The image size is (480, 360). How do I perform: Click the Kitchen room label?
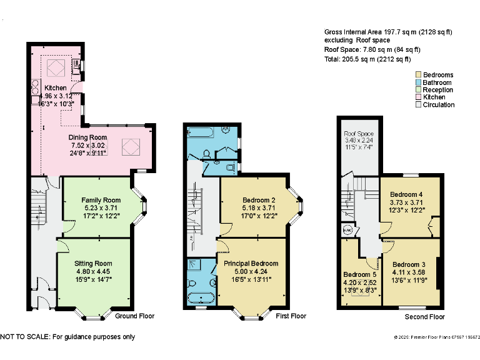[55, 88]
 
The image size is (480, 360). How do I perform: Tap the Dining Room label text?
[87, 137]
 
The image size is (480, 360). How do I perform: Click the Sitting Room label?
[93, 264]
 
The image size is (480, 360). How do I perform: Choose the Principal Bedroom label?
[251, 264]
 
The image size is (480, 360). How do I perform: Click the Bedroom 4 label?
[407, 194]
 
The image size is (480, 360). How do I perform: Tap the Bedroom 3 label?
[409, 264]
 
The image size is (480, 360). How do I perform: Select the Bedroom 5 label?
[359, 274]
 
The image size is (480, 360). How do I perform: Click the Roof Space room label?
[358, 134]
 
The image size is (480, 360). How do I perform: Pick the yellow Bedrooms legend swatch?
[419, 75]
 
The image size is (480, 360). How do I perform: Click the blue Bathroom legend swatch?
[419, 82]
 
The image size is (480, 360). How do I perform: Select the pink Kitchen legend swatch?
[419, 97]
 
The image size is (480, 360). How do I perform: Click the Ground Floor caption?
[134, 316]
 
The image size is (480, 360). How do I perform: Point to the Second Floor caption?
[424, 317]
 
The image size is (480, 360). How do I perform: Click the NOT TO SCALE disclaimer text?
[67, 337]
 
